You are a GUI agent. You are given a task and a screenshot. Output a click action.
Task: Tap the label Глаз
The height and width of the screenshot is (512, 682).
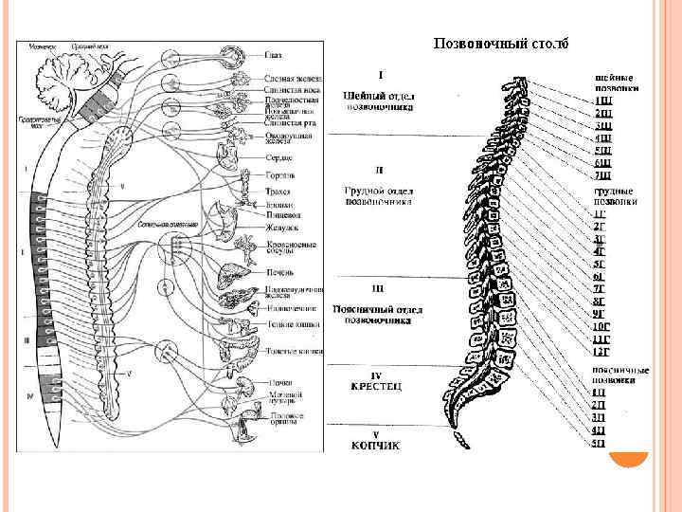click(x=274, y=54)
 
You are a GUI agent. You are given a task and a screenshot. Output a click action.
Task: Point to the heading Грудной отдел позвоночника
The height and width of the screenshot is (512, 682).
click(x=379, y=195)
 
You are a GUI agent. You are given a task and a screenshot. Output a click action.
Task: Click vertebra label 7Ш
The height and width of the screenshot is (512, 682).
click(x=602, y=175)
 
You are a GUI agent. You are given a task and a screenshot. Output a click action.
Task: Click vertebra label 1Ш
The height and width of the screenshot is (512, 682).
click(x=602, y=101)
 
